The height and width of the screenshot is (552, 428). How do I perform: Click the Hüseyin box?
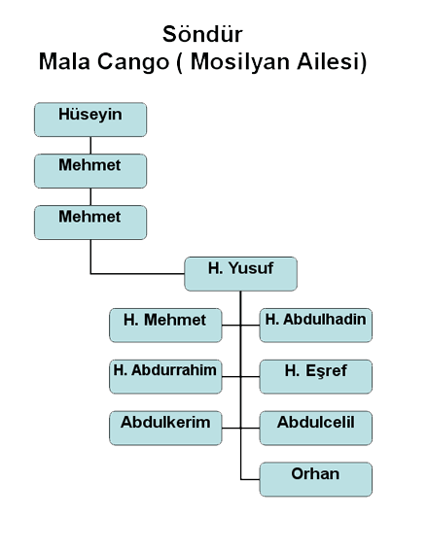pos(90,120)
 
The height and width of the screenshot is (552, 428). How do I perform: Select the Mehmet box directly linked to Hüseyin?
pos(90,171)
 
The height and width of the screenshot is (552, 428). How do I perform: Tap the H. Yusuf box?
pos(241,274)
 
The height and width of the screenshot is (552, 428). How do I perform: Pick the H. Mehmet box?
pos(165,326)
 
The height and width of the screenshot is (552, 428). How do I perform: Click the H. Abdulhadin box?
pos(316,326)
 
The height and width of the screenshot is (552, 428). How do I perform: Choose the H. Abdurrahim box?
pos(165,377)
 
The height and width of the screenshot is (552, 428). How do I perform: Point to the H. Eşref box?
pos(316,377)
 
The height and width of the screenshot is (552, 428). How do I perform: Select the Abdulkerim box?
pos(165,428)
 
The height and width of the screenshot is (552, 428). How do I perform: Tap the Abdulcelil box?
pos(316,428)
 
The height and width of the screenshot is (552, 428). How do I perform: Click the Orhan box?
pos(316,479)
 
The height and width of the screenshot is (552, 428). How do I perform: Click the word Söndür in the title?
pos(202,34)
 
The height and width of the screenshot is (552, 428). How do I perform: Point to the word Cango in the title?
pos(133,62)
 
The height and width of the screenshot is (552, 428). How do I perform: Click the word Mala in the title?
pos(64,61)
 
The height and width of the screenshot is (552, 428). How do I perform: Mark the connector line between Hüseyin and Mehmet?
pos(90,146)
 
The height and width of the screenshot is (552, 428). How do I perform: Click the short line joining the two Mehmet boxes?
pos(90,196)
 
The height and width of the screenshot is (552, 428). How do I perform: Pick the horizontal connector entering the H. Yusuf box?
pos(138,273)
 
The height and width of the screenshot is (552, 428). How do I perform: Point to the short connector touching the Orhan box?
pos(250,479)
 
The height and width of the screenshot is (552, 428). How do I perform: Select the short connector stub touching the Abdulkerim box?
pos(232,428)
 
